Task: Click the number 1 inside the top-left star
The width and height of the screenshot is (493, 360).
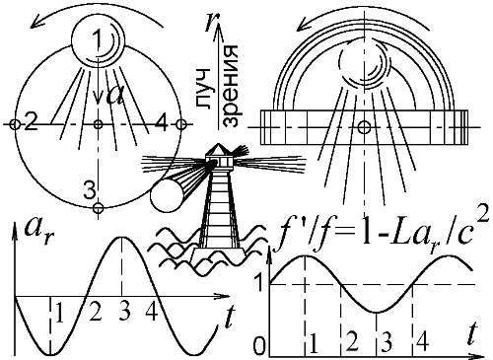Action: point(97,39)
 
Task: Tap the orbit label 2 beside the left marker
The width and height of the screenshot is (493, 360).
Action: point(31,123)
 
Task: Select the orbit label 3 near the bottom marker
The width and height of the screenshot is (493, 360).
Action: point(89,190)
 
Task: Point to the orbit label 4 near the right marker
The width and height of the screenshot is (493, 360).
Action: point(162,123)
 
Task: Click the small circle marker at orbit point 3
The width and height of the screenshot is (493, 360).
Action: point(99,208)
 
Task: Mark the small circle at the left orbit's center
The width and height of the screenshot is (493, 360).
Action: point(98,124)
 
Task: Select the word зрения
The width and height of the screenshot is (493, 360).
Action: point(231,87)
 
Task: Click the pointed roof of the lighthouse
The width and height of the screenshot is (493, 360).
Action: point(218,150)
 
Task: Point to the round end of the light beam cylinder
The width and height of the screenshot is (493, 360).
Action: point(166,196)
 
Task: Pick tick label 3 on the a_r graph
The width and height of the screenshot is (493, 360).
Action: point(124,312)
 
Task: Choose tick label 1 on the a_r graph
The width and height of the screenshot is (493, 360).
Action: point(59,312)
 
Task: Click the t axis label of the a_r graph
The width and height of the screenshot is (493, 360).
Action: point(229,317)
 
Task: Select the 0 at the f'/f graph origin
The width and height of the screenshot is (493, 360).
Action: point(259,346)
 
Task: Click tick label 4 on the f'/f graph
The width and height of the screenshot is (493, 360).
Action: point(422,342)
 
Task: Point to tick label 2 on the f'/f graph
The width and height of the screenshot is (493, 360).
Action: point(352,342)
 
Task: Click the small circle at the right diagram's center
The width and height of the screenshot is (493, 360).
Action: point(364,127)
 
